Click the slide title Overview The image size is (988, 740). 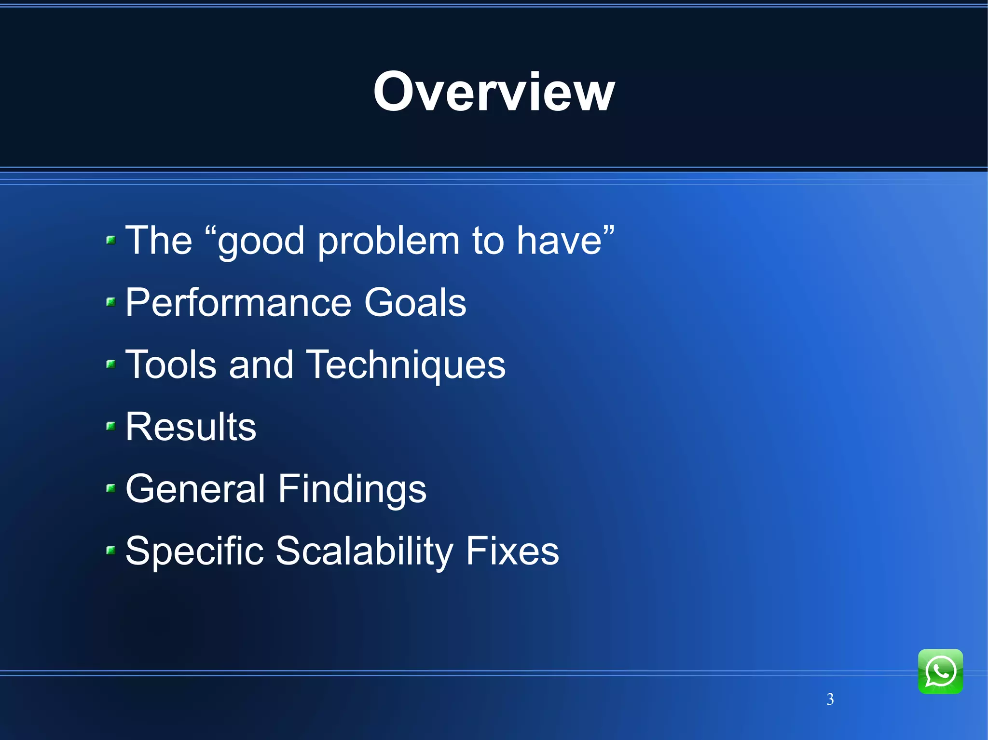[494, 92]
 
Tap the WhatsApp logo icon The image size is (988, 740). [940, 672]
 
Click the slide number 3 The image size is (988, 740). [830, 699]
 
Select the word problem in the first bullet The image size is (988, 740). [388, 241]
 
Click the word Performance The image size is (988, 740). [238, 303]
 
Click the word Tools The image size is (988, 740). [171, 364]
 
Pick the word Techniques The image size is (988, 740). [406, 365]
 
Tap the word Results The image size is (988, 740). [191, 427]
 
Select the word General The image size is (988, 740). [195, 489]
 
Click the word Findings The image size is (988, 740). [352, 489]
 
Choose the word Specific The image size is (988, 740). [194, 551]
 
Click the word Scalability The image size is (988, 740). [364, 551]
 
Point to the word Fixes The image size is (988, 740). [512, 551]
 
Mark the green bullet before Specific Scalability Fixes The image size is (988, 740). [111, 550]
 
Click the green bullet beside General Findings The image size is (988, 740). [111, 488]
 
